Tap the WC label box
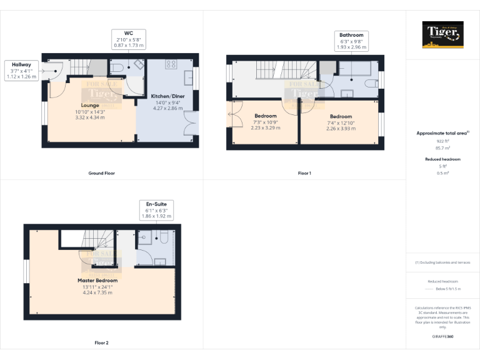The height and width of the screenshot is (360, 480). click(x=128, y=39)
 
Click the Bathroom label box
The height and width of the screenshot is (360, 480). click(x=350, y=41)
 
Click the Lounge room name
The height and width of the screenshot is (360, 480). click(x=90, y=105)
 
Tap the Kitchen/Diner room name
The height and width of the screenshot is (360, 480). click(x=167, y=96)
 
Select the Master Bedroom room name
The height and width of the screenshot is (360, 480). click(x=97, y=281)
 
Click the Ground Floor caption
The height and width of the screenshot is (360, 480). click(x=101, y=172)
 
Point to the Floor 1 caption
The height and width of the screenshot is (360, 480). click(x=304, y=172)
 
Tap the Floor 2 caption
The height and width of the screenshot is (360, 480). click(x=101, y=342)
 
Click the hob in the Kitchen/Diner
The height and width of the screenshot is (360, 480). click(x=171, y=64)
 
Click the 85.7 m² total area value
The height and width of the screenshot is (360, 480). click(x=443, y=148)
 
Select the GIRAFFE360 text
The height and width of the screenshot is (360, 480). click(x=443, y=336)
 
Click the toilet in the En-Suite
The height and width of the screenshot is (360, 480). click(x=162, y=238)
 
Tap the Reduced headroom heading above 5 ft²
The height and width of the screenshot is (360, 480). click(x=443, y=159)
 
